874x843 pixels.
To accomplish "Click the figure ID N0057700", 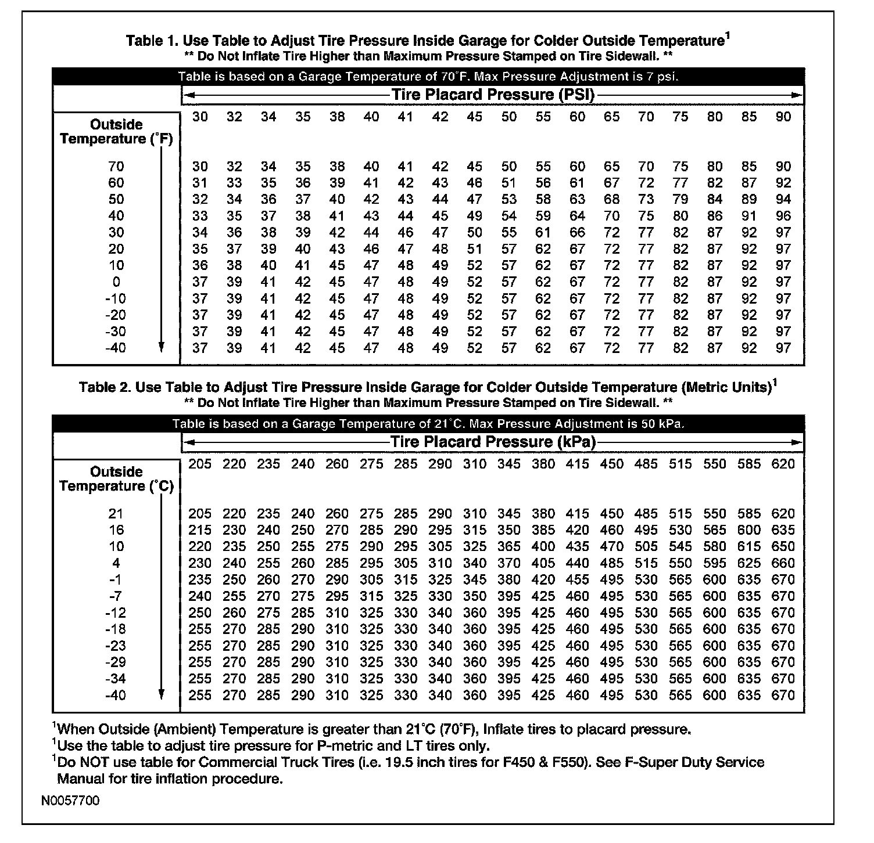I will (x=70, y=801).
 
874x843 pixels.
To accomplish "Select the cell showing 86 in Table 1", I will (x=715, y=216).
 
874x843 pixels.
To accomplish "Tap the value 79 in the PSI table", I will (x=680, y=199).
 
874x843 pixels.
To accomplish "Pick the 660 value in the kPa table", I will (x=783, y=563).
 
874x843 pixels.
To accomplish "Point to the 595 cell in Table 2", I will (x=715, y=563).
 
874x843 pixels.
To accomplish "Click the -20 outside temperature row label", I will (x=116, y=315).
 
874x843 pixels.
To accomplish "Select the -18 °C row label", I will (x=116, y=629).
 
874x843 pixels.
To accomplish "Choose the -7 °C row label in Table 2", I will (x=116, y=596).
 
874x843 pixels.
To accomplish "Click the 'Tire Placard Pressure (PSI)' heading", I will (x=493, y=95).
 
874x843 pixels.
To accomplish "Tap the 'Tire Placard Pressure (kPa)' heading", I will (x=493, y=442).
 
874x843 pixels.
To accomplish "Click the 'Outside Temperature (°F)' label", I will (x=116, y=132).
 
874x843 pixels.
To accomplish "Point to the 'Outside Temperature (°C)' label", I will (x=116, y=479).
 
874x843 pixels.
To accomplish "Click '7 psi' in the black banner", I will (x=662, y=77).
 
